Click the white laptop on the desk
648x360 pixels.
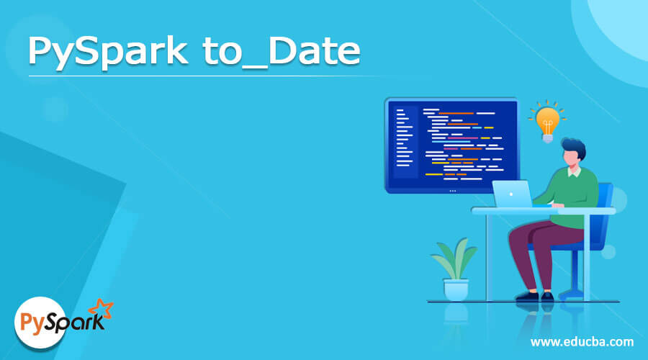512,194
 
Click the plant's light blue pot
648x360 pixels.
455,289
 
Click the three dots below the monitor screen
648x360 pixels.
452,191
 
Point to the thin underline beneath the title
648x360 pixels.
194,75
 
